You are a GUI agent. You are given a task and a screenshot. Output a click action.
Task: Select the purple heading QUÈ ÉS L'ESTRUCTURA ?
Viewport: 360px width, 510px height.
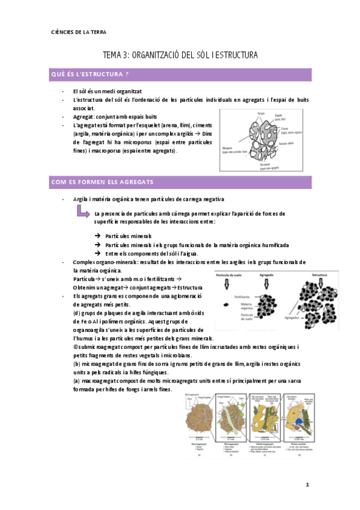click(x=90, y=75)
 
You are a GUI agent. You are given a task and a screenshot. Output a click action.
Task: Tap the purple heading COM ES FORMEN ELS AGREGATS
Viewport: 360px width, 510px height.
click(x=102, y=182)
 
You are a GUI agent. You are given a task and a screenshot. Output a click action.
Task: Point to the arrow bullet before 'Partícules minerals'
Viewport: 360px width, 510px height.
click(x=98, y=236)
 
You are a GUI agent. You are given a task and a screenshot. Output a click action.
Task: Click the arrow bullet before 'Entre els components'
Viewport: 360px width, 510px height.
click(x=98, y=253)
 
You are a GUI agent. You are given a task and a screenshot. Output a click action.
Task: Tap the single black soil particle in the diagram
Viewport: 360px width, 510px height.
click(x=225, y=305)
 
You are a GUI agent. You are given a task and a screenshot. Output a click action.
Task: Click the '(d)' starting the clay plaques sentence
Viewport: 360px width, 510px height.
click(x=76, y=313)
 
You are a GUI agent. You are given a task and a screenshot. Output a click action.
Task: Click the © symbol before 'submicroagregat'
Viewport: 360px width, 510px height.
click(x=75, y=347)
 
